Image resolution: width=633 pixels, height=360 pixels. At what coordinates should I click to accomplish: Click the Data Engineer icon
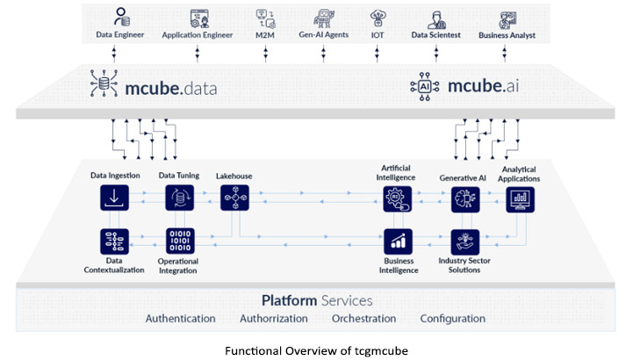pos(119,17)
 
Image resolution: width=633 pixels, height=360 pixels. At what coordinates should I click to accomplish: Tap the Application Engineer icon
pos(198,17)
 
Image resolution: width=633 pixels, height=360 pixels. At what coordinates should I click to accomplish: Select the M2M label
pos(263,35)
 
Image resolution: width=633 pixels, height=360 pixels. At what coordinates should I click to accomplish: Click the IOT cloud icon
pos(378,17)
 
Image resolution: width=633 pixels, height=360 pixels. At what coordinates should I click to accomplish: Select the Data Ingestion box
pos(115,198)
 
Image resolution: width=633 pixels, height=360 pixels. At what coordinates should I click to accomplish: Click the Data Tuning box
pos(180,198)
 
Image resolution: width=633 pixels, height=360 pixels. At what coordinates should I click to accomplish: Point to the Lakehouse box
pos(234,198)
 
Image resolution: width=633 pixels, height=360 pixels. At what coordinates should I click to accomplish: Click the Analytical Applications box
pos(520,200)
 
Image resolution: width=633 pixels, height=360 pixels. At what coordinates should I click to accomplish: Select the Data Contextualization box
pos(115,240)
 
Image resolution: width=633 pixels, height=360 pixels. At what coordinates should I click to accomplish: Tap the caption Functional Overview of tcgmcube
pos(317,349)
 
